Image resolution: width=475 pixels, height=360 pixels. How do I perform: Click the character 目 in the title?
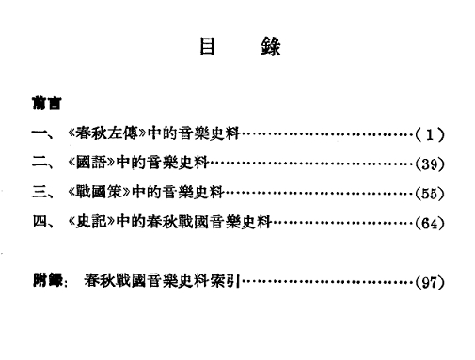tap(207, 47)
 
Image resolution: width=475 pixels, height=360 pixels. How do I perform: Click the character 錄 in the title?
tap(271, 47)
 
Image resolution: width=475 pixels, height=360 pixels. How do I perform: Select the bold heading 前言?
tap(47, 102)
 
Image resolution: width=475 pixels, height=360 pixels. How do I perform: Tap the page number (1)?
tap(430, 134)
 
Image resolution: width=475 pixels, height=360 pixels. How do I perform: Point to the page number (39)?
tap(430, 164)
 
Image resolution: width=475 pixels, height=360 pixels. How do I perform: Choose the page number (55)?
tap(430, 194)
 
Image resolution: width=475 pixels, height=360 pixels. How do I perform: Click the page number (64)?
tap(430, 223)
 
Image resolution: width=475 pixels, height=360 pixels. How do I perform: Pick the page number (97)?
tap(430, 282)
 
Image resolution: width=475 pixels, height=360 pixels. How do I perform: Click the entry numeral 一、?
tap(43, 134)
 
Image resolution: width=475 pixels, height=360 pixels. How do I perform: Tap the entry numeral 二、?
tap(43, 164)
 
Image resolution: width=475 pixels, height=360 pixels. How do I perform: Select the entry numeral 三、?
tap(43, 192)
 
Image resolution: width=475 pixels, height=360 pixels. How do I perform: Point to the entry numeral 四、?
tap(43, 222)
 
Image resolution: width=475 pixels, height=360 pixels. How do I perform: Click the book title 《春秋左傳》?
tap(107, 133)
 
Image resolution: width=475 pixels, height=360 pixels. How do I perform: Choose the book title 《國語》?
tap(91, 163)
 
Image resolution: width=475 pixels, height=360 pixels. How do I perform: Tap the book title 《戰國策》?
tap(99, 192)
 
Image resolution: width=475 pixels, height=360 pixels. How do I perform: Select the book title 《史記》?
tap(91, 221)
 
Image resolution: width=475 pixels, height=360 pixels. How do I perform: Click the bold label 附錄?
tap(47, 280)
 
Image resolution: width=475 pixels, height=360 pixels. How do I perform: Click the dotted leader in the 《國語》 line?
tap(311, 164)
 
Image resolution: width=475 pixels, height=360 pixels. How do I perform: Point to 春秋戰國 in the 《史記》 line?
tap(178, 221)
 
